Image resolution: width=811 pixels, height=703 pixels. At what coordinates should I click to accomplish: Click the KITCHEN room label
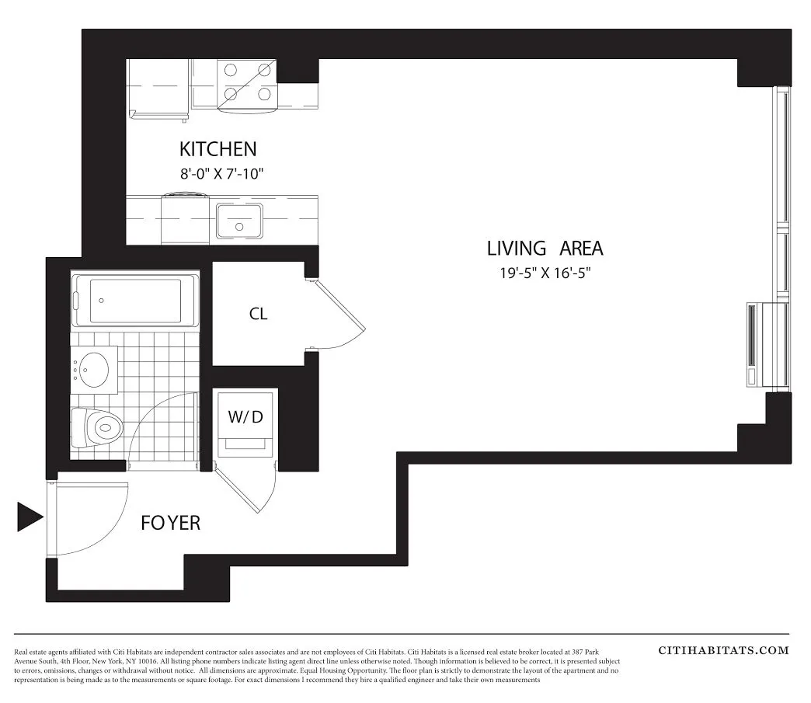point(218,148)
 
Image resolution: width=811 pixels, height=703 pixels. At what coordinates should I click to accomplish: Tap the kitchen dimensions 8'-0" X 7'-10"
point(222,173)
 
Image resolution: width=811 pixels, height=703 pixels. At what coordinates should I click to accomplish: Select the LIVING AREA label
point(545,249)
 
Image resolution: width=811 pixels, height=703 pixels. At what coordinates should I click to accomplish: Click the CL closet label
point(258,314)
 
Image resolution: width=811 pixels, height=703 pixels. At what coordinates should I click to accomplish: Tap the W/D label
point(245,416)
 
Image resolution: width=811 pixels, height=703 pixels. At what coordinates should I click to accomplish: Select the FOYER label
point(170,523)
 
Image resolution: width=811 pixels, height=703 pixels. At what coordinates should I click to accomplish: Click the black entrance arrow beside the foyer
point(30,517)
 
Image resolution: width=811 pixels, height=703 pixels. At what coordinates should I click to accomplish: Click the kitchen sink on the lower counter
point(239,221)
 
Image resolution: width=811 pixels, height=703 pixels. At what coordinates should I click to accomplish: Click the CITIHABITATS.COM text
point(723,650)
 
